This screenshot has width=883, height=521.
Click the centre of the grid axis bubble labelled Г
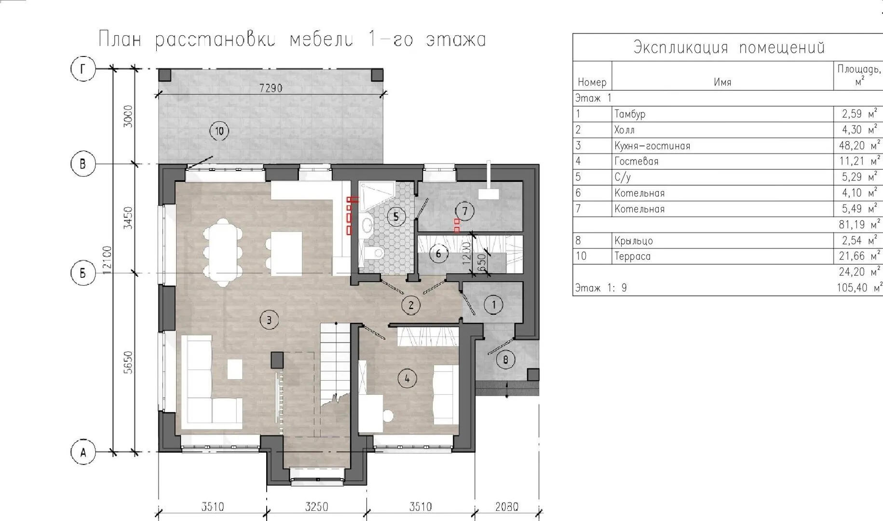pos(83,69)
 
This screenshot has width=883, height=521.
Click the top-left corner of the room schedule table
pos(573,34)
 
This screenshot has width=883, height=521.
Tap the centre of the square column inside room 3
pos(277,359)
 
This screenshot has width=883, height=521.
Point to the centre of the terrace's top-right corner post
pos(377,75)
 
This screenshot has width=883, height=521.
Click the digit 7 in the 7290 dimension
pos(262,88)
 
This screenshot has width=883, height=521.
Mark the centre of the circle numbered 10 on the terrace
pos(219,131)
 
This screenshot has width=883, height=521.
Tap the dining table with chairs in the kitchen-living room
pos(223,252)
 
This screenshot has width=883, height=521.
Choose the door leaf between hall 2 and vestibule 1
pos(467,302)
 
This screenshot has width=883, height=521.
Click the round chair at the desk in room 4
pos(388,415)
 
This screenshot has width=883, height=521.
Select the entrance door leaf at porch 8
pos(500,347)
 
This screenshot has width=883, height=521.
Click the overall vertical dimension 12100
pos(107,260)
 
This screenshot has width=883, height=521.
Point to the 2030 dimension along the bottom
pos(507,507)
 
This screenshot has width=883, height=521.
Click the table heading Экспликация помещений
pos(729,47)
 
